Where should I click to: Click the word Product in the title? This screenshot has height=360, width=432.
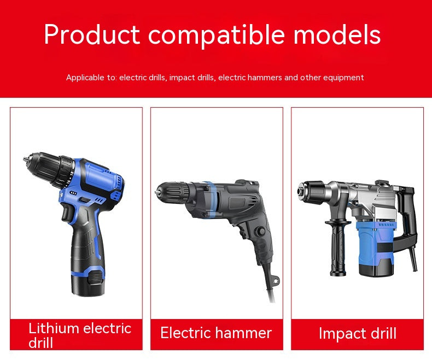(92, 34)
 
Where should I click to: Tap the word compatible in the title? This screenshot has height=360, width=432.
(217, 35)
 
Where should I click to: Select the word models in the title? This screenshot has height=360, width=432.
(337, 34)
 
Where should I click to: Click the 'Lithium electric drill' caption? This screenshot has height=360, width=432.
(80, 335)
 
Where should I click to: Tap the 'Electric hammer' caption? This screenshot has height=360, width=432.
(216, 333)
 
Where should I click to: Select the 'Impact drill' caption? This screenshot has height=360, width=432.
(357, 334)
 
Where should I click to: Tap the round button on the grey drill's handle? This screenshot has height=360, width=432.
(260, 232)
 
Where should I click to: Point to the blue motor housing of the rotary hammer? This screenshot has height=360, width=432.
(375, 247)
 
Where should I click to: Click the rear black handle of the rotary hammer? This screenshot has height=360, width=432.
(408, 217)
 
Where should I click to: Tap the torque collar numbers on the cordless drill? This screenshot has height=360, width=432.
(69, 179)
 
